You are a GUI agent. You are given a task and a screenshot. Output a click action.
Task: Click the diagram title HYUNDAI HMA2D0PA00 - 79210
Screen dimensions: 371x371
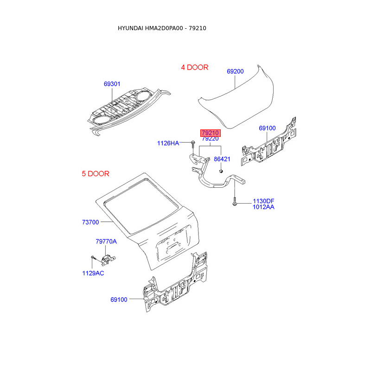point(162,28)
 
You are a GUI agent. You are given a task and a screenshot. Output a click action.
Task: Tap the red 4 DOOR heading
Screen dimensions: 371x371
point(194,67)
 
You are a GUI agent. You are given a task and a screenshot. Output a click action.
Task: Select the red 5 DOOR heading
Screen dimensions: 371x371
point(96,174)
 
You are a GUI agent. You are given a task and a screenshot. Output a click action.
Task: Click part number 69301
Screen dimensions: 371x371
point(112,84)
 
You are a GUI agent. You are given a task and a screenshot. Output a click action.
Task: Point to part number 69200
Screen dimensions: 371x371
point(235,71)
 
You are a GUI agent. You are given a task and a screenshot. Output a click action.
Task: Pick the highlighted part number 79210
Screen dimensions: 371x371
point(210,133)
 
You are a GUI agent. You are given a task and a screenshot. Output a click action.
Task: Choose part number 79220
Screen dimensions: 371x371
point(210,139)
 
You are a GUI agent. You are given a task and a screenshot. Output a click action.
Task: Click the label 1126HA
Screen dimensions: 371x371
point(167,143)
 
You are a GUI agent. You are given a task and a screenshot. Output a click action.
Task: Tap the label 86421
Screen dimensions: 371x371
point(222,159)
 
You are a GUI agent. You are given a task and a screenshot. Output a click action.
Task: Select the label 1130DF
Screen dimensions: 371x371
point(263,201)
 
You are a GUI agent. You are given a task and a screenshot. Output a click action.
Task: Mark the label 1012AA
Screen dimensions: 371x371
point(263,207)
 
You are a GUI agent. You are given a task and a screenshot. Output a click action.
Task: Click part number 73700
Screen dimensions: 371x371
point(90,222)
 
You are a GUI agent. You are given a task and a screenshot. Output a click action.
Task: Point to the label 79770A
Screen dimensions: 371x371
point(106,241)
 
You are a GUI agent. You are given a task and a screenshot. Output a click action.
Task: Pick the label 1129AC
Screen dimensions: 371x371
point(93,273)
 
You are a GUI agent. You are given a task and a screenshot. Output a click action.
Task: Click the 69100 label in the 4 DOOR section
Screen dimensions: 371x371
point(267,128)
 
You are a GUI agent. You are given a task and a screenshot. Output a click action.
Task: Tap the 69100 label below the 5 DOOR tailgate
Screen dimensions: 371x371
point(119,300)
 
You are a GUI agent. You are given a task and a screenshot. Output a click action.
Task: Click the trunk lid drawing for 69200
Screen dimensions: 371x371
point(237,100)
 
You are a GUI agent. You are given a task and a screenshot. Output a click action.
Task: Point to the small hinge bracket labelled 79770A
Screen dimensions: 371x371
point(109,259)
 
